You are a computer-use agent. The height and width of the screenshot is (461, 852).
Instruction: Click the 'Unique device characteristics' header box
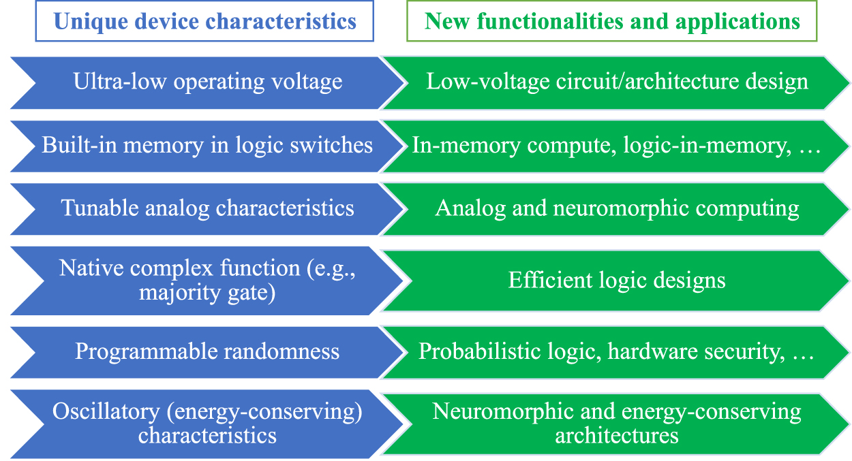tap(204, 21)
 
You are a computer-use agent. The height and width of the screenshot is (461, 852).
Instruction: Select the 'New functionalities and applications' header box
tap(612, 21)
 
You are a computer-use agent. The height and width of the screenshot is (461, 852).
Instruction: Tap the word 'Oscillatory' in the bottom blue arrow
tap(95, 412)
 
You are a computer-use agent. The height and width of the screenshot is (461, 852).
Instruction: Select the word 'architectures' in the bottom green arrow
tap(616, 435)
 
